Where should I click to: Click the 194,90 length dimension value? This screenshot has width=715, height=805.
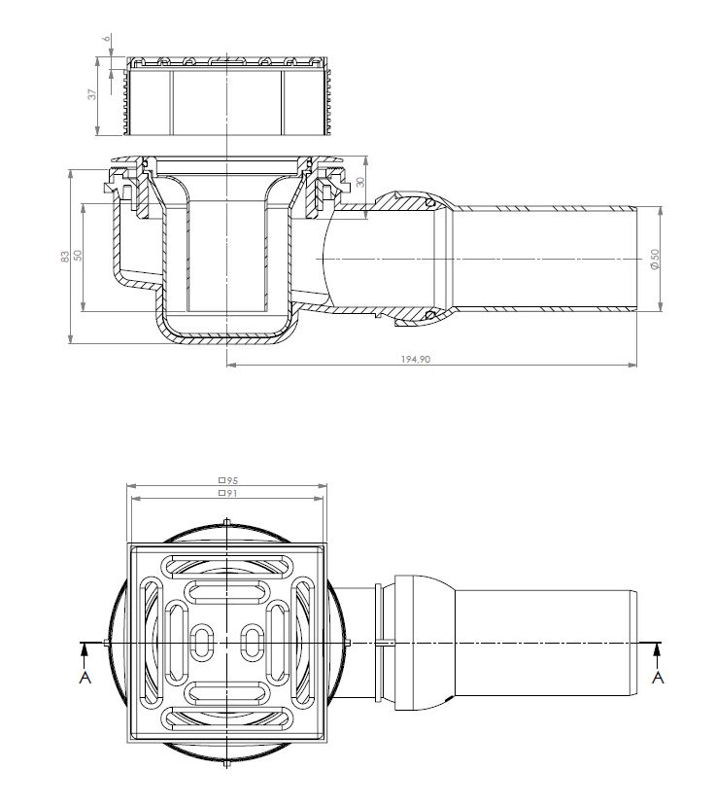pos(416,359)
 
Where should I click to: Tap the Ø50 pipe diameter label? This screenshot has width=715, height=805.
pos(655,260)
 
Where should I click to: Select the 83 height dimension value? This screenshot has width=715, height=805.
pos(65,257)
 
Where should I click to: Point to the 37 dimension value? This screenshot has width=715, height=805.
pos(92,94)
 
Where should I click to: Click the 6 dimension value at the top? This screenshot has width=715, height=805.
pos(107,38)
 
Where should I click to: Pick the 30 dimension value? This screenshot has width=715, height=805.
pos(360,182)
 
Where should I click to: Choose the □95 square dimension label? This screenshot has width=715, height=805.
pos(228,480)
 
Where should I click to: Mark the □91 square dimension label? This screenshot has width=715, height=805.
pos(228,493)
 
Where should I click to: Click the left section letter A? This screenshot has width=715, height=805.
pos(85,678)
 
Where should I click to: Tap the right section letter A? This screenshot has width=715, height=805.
pos(658,678)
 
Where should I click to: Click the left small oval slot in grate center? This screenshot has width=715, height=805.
pos(201,643)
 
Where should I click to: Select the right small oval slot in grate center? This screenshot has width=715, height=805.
pos(252,643)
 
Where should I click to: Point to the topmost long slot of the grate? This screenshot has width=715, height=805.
pos(226,566)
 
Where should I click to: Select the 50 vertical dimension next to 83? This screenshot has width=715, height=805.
pos(78,255)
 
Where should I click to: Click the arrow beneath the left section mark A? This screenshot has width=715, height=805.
pos(85,656)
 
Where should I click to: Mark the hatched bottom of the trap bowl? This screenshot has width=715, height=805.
pos(226,339)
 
